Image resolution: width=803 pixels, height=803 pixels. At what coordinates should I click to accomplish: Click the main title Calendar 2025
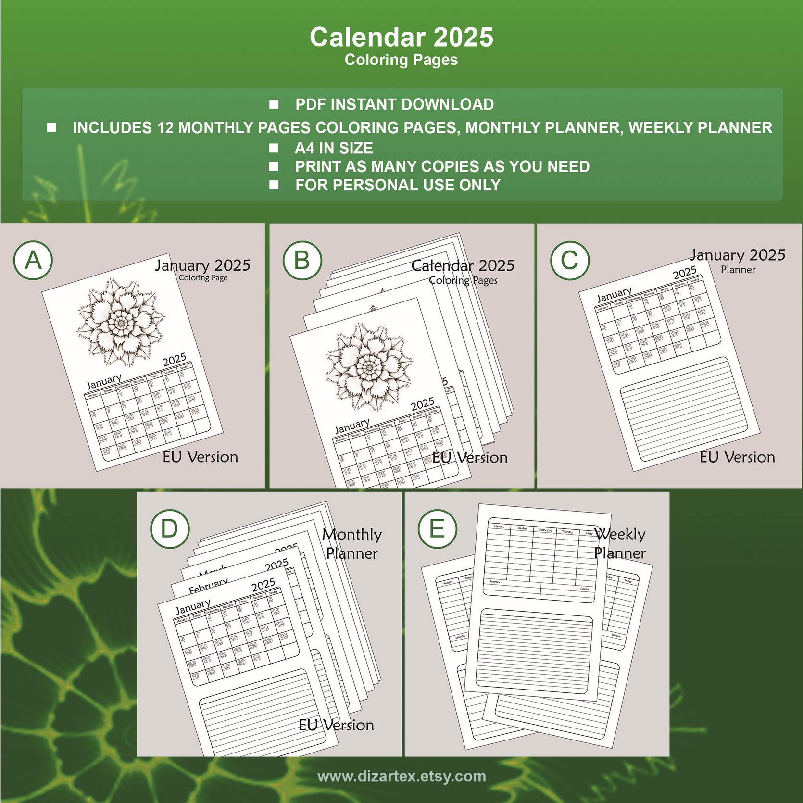(401, 37)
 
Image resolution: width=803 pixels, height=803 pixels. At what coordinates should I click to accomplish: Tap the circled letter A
(33, 260)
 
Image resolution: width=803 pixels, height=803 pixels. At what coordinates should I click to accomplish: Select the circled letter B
(302, 260)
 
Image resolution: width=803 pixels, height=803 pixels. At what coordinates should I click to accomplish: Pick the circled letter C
(570, 260)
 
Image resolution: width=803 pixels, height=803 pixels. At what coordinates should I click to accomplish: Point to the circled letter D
(169, 528)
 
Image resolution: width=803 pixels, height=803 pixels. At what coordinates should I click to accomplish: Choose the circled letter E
(437, 528)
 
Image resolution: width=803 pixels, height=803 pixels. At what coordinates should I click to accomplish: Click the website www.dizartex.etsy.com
(401, 776)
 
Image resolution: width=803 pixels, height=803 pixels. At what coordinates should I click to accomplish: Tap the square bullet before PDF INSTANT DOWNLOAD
(274, 104)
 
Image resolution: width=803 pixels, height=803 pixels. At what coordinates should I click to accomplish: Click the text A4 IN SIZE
(334, 148)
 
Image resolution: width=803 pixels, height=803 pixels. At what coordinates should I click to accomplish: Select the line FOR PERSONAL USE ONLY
(398, 185)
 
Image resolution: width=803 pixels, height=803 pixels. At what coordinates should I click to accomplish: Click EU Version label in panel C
(737, 457)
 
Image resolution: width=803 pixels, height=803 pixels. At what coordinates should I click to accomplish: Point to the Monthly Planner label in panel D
(352, 543)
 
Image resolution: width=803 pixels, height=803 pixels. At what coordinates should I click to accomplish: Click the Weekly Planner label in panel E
(620, 543)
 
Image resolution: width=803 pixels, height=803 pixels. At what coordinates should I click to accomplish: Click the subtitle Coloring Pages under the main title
(401, 60)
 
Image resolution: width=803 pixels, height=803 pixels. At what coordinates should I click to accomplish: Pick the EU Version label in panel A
(200, 457)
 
